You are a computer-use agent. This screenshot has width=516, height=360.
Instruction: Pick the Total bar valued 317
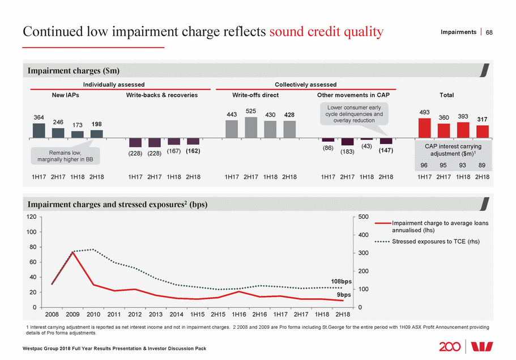[x=482, y=132]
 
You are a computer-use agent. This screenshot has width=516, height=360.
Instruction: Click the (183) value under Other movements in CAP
[x=347, y=151]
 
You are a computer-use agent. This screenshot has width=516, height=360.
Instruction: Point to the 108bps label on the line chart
[x=340, y=281]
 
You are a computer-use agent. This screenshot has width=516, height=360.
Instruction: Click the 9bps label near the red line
[x=344, y=294]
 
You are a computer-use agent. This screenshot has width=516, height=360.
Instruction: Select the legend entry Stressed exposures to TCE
[x=435, y=242]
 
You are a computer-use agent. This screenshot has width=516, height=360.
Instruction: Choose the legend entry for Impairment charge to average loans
[x=440, y=227]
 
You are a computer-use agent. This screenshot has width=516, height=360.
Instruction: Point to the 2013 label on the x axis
[x=156, y=314]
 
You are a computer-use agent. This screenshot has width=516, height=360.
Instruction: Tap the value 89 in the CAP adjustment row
[x=482, y=166]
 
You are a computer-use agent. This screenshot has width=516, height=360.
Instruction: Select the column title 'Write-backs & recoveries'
[x=161, y=95]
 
